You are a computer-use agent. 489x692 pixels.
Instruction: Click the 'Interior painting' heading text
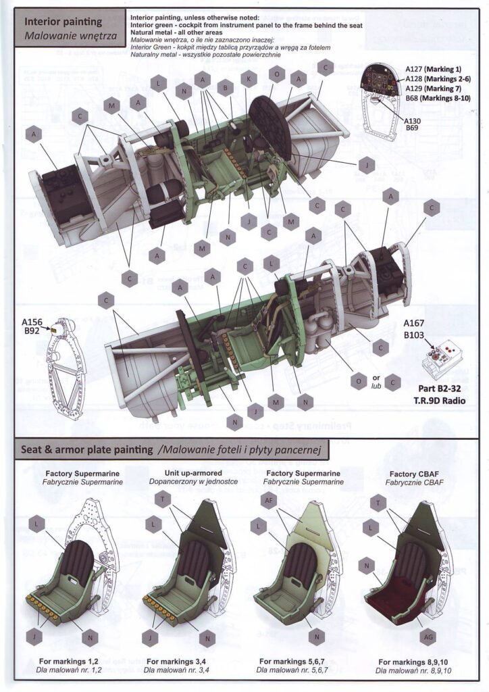point(63,22)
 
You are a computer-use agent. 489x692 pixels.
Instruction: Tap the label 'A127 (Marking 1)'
point(434,69)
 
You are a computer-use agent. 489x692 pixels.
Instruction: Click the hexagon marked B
point(226,86)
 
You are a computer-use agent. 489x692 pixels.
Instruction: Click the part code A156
point(32,322)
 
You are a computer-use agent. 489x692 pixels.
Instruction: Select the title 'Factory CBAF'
point(414,474)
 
